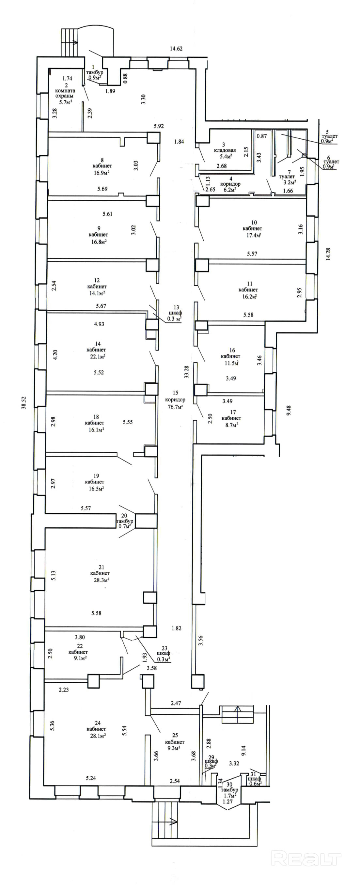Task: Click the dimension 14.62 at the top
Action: click(x=176, y=49)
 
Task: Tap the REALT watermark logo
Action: click(x=306, y=858)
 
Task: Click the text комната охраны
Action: click(x=65, y=93)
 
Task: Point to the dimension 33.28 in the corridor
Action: click(x=186, y=372)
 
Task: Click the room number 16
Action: click(x=232, y=350)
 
